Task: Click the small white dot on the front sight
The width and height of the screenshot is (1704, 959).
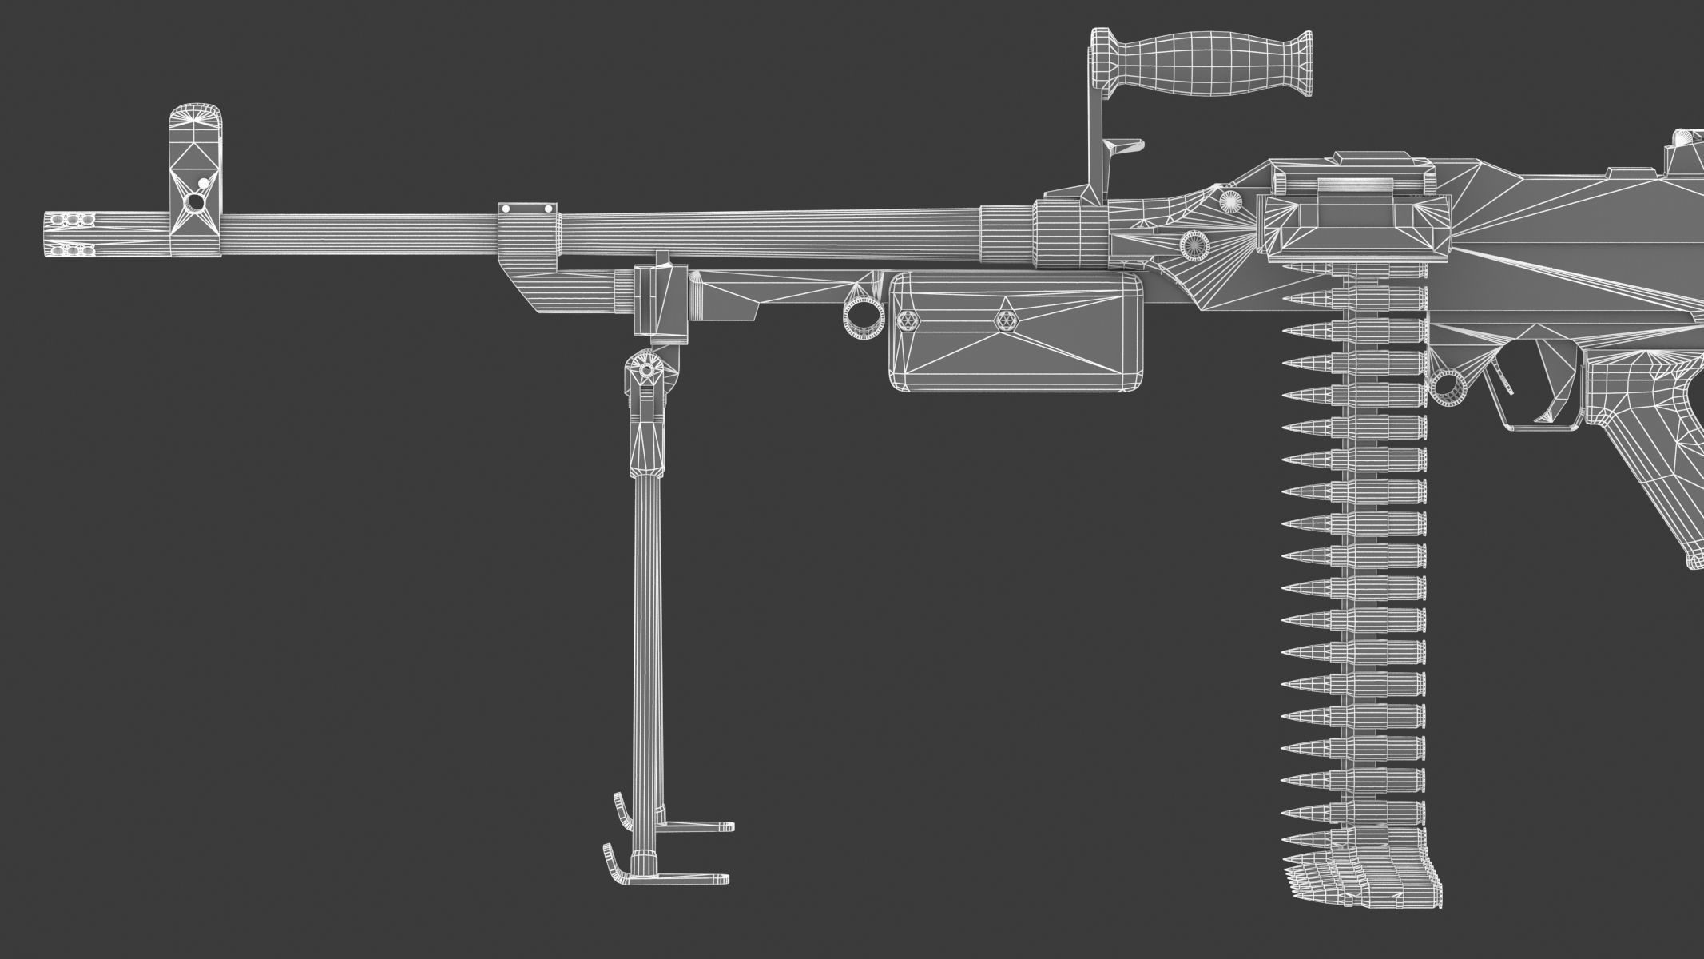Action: click(x=203, y=183)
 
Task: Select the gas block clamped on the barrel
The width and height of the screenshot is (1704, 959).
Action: click(x=527, y=236)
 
